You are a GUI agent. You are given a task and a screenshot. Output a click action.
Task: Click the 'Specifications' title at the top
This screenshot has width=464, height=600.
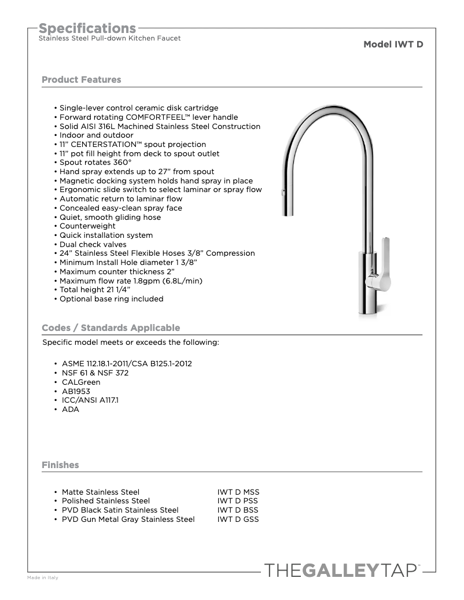click(87, 28)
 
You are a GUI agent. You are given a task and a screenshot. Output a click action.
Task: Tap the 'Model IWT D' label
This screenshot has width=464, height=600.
click(393, 44)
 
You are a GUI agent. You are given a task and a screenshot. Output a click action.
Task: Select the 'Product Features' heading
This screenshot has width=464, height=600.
click(82, 80)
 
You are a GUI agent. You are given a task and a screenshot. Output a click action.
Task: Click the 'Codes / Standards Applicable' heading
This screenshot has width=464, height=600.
click(111, 328)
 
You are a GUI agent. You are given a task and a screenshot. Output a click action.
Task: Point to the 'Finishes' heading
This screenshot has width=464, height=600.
click(60, 465)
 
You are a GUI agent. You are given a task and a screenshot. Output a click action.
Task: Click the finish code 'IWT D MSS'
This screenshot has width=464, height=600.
click(238, 492)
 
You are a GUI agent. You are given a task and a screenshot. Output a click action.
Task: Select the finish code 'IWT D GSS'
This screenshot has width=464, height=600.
click(238, 520)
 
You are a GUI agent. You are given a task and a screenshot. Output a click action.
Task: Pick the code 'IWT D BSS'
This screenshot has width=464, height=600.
click(238, 510)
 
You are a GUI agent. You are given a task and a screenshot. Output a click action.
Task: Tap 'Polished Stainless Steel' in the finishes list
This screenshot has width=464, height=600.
click(106, 501)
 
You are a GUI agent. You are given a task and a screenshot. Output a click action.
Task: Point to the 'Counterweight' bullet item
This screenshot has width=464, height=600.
click(87, 226)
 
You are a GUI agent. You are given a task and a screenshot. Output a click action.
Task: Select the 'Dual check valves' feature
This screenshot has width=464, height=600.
click(93, 245)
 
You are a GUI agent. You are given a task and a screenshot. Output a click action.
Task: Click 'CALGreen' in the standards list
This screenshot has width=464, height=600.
click(81, 382)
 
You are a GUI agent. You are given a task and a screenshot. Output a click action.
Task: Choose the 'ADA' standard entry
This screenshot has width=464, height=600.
click(71, 410)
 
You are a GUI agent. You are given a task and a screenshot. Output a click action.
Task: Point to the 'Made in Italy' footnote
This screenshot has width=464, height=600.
click(43, 578)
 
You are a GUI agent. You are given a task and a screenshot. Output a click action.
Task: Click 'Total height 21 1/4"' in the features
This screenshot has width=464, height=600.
click(95, 290)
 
